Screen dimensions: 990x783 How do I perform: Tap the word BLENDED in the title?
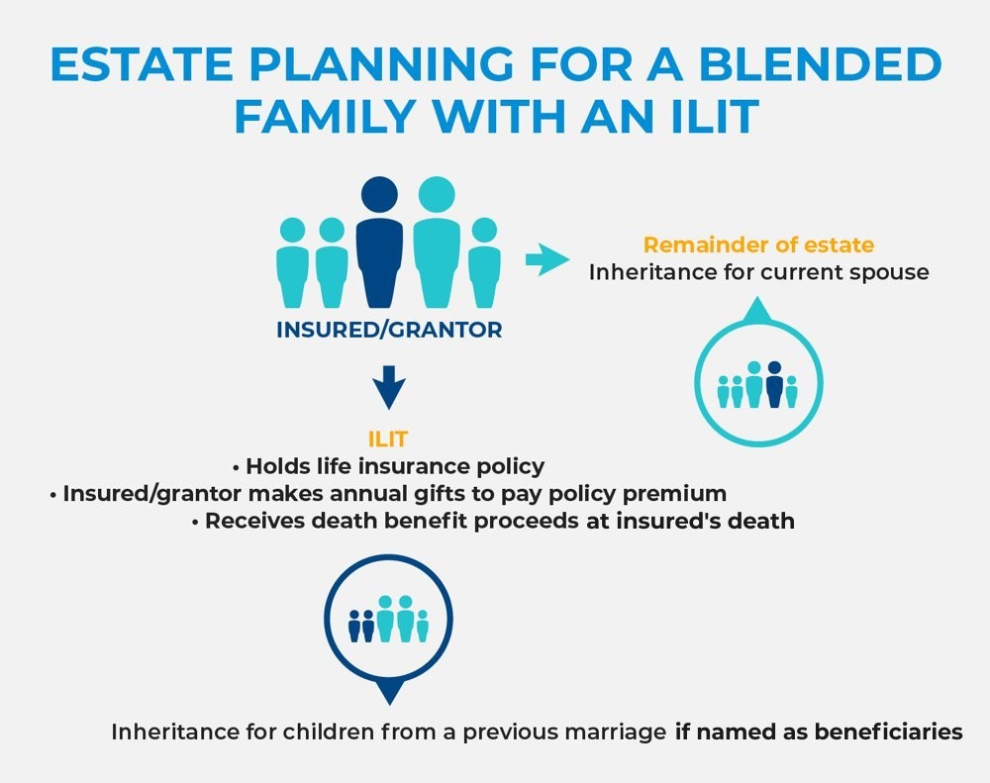click(820, 63)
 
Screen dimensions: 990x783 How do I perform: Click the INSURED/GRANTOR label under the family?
click(389, 330)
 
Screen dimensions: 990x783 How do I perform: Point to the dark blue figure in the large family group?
click(379, 242)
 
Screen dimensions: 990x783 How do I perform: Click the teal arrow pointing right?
click(547, 259)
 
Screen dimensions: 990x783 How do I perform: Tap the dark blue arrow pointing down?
click(389, 387)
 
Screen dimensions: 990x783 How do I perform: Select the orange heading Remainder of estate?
click(758, 245)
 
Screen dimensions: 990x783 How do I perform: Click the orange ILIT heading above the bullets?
click(388, 439)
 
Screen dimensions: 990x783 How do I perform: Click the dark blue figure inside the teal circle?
click(774, 384)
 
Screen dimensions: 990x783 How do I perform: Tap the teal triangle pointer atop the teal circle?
click(758, 310)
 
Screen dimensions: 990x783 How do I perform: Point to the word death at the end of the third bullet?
click(760, 521)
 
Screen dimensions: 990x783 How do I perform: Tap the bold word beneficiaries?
click(888, 732)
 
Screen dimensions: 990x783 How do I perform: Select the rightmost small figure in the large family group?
click(484, 262)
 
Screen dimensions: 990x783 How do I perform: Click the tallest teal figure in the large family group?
click(437, 242)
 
